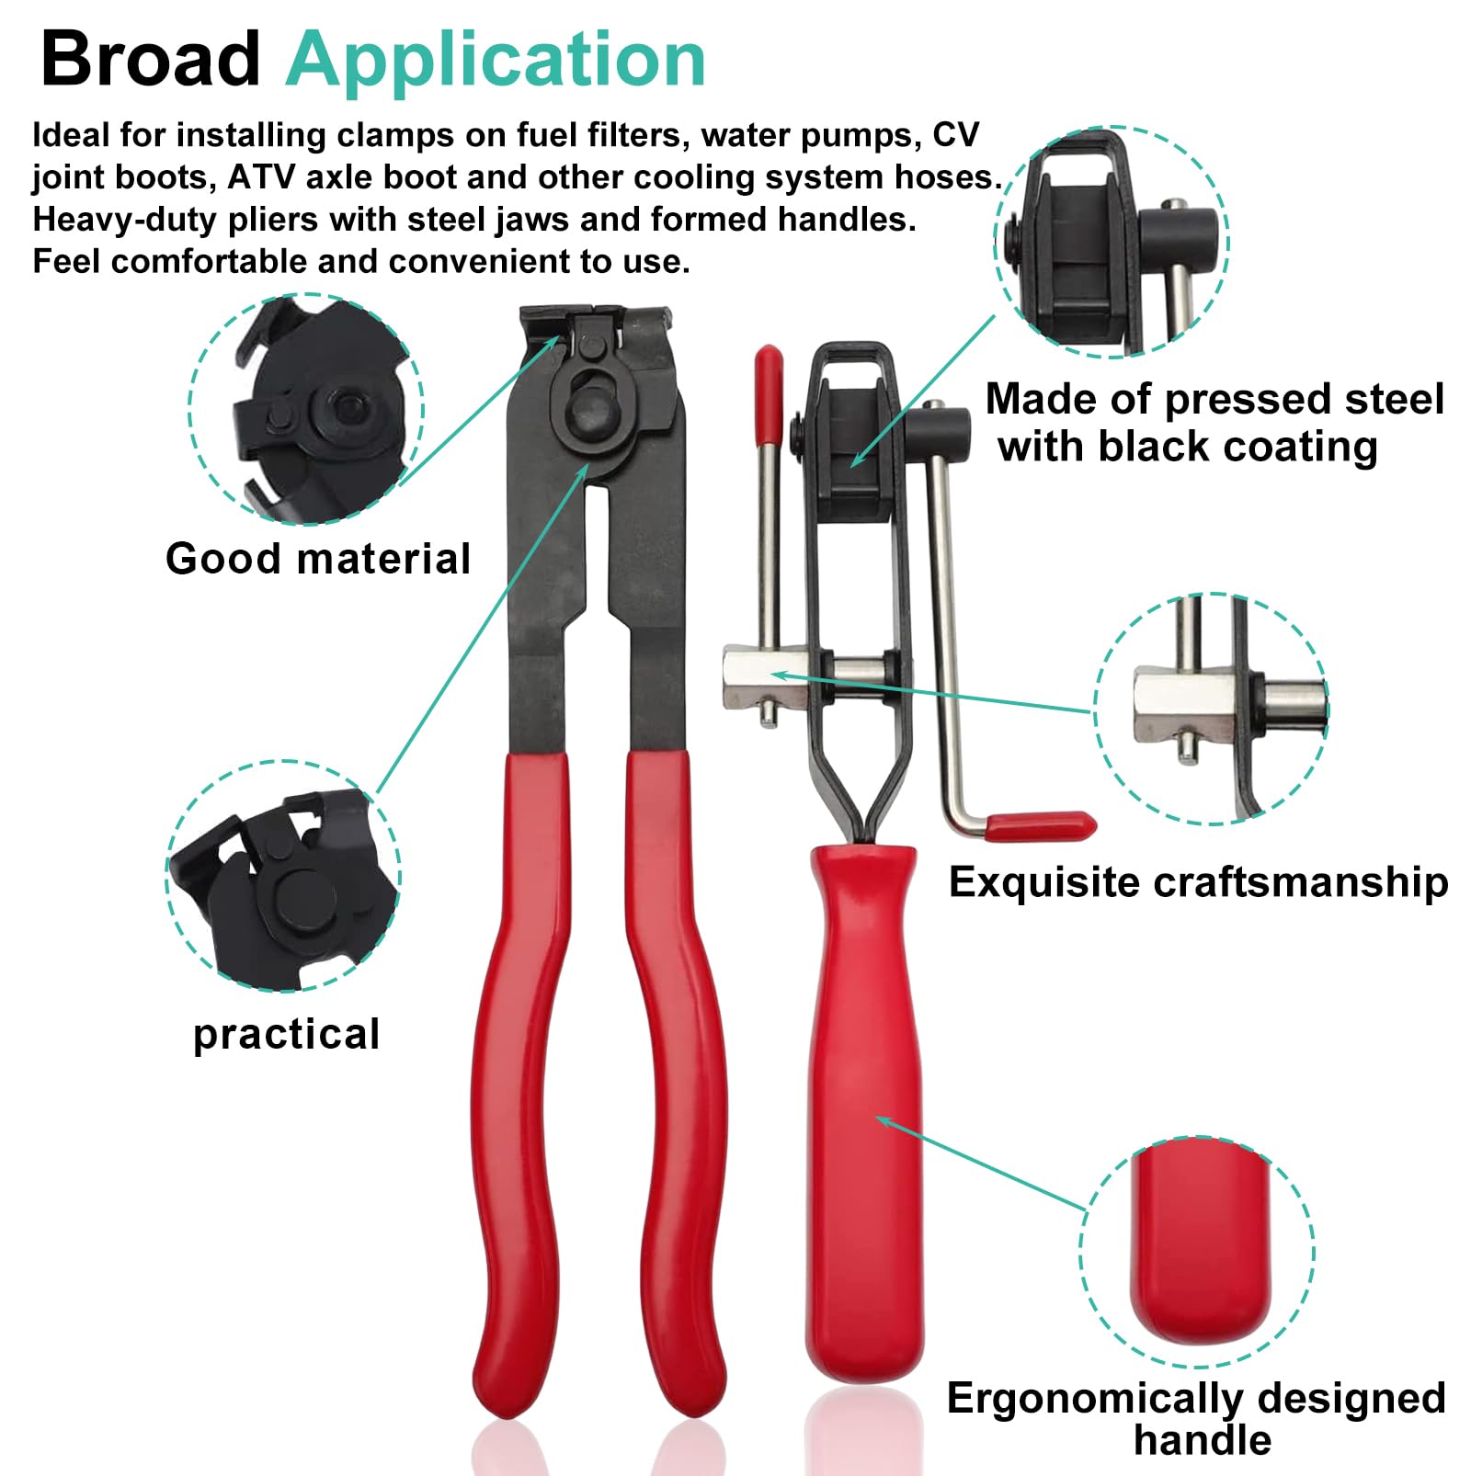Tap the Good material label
click(318, 558)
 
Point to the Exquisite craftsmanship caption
click(1198, 882)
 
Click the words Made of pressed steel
click(1214, 399)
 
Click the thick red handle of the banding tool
click(863, 1112)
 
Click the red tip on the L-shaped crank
click(1040, 824)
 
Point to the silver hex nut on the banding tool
click(761, 677)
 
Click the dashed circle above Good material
click(306, 409)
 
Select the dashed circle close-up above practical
click(283, 876)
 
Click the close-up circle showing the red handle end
click(1197, 1253)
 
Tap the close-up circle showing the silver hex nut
click(1212, 709)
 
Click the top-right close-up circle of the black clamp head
click(1112, 241)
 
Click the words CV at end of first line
click(956, 135)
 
